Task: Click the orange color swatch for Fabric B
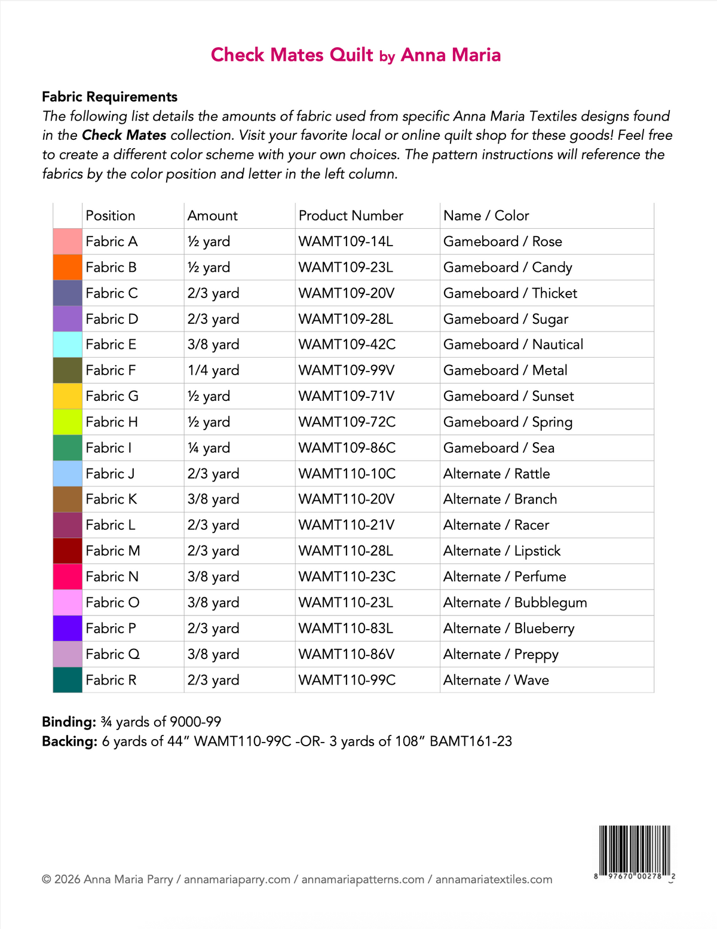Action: (x=68, y=267)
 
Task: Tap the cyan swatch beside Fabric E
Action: (x=68, y=345)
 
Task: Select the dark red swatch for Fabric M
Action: (x=68, y=551)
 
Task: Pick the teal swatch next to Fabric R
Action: (x=68, y=680)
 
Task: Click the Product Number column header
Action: (x=351, y=216)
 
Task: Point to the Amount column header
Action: (x=212, y=216)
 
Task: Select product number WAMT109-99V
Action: (x=347, y=370)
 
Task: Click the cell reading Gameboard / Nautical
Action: (x=513, y=345)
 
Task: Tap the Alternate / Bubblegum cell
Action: (x=515, y=602)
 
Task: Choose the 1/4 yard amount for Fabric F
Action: (x=213, y=370)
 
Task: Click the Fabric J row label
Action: (x=110, y=474)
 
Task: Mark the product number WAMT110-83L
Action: (x=346, y=628)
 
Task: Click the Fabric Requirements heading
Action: (x=109, y=97)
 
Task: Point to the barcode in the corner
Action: (x=635, y=851)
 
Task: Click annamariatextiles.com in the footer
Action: (x=494, y=879)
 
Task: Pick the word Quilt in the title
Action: (x=351, y=55)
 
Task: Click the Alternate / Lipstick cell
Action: (x=502, y=551)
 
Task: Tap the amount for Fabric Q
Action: (x=213, y=654)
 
